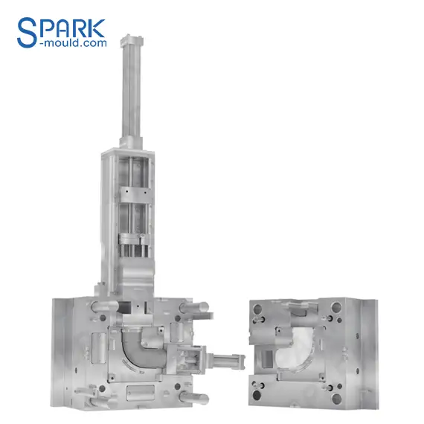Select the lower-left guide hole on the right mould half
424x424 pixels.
pyautogui.click(x=256, y=386)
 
